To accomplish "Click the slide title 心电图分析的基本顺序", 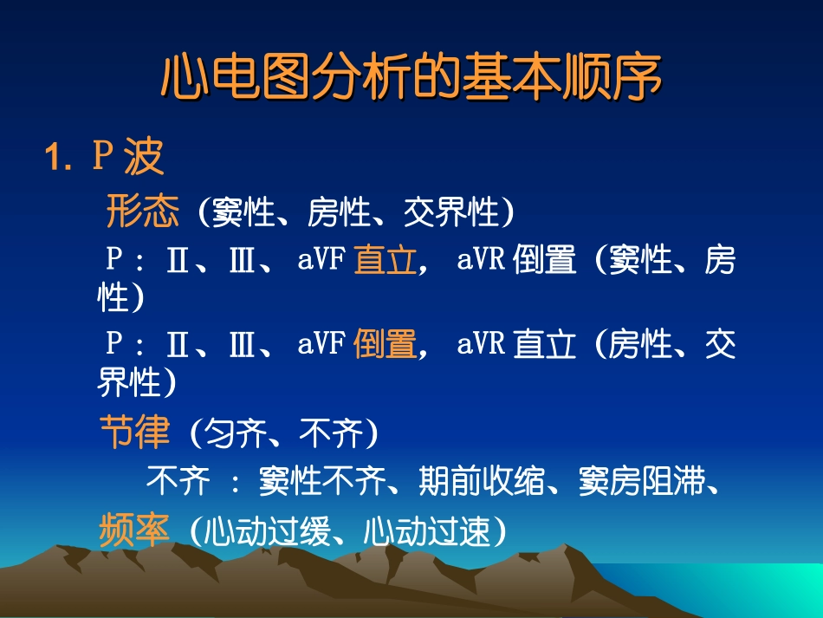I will pos(411,77).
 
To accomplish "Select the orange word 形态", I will pos(143,211).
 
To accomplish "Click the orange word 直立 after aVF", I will pos(386,260).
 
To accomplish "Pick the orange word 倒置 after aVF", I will pos(386,345).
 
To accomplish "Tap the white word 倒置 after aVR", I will pos(545,260).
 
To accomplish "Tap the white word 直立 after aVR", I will pos(545,345).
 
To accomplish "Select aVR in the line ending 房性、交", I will pos(481,344).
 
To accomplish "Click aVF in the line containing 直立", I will pos(322,259).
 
